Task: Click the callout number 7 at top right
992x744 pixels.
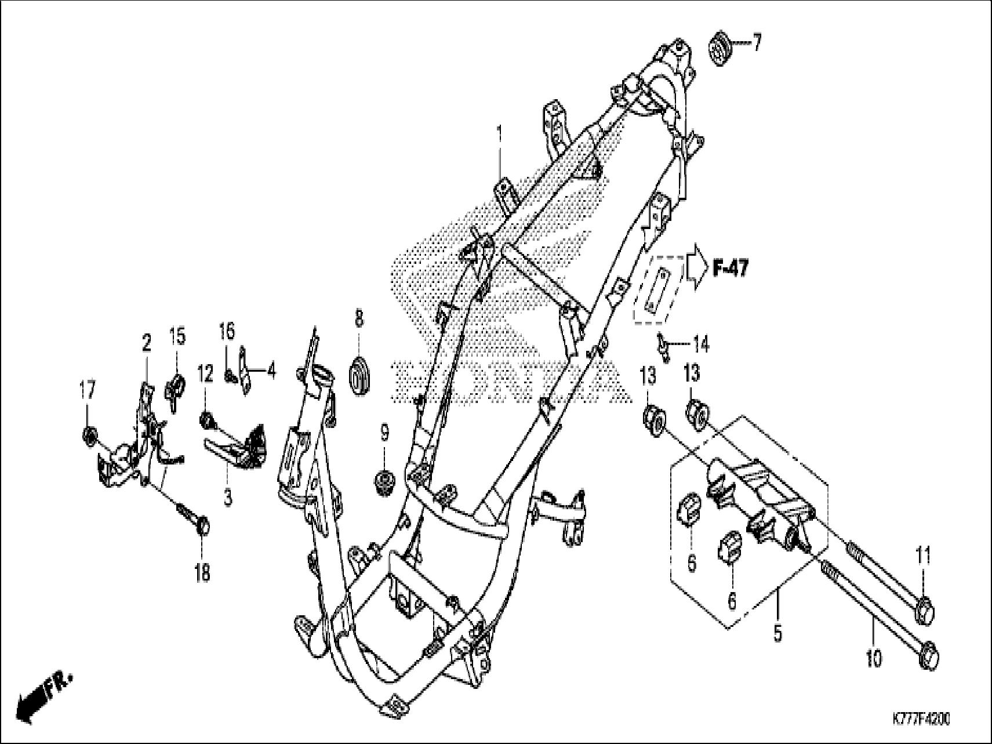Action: point(756,43)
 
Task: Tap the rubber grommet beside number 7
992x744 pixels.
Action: point(720,50)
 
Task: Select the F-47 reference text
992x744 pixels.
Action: point(730,268)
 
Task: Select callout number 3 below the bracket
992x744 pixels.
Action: point(228,497)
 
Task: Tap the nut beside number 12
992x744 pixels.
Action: point(206,419)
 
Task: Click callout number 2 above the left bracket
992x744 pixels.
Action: point(147,344)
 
